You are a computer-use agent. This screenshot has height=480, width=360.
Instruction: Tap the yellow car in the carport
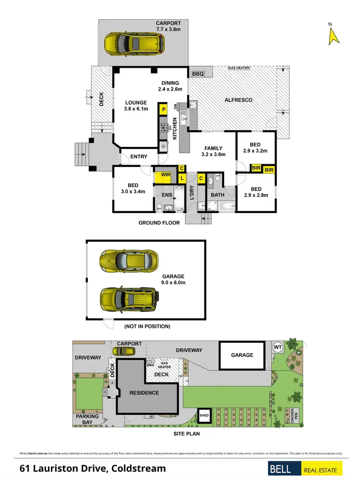coord(134,44)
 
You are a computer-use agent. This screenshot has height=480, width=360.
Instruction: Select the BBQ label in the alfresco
coord(198,74)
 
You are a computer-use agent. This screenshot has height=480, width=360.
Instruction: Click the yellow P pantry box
coord(163,109)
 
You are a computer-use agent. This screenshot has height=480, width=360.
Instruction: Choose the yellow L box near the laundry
coord(182,179)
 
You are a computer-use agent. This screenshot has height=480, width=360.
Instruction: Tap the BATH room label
coord(217,195)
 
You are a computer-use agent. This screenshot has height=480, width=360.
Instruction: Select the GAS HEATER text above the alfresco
coord(239,68)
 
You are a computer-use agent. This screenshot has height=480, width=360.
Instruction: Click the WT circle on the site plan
coord(277,347)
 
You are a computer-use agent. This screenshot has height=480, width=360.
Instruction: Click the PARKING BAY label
coord(87,420)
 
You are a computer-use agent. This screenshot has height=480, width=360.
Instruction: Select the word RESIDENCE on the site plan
coord(144,393)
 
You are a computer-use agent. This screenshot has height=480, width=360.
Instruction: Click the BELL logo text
coord(282,469)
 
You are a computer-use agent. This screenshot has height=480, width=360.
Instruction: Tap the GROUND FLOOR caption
coord(159,223)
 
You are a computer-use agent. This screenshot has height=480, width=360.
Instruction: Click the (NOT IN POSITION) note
coord(147,326)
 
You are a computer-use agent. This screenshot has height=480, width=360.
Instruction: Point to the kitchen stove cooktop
coord(163,128)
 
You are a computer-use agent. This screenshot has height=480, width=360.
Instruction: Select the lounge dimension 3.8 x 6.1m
coord(136,109)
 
